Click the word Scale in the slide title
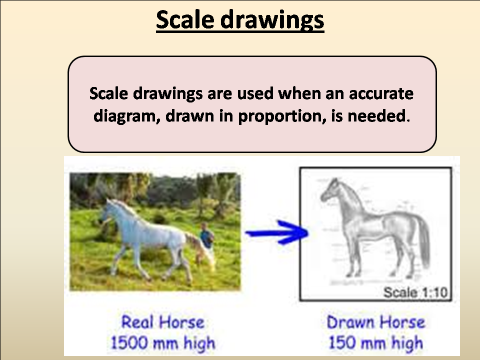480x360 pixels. (185, 20)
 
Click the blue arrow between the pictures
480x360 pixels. (275, 233)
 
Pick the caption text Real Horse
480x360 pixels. (163, 321)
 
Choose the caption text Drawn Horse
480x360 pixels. (375, 321)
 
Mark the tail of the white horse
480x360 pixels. (195, 245)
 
